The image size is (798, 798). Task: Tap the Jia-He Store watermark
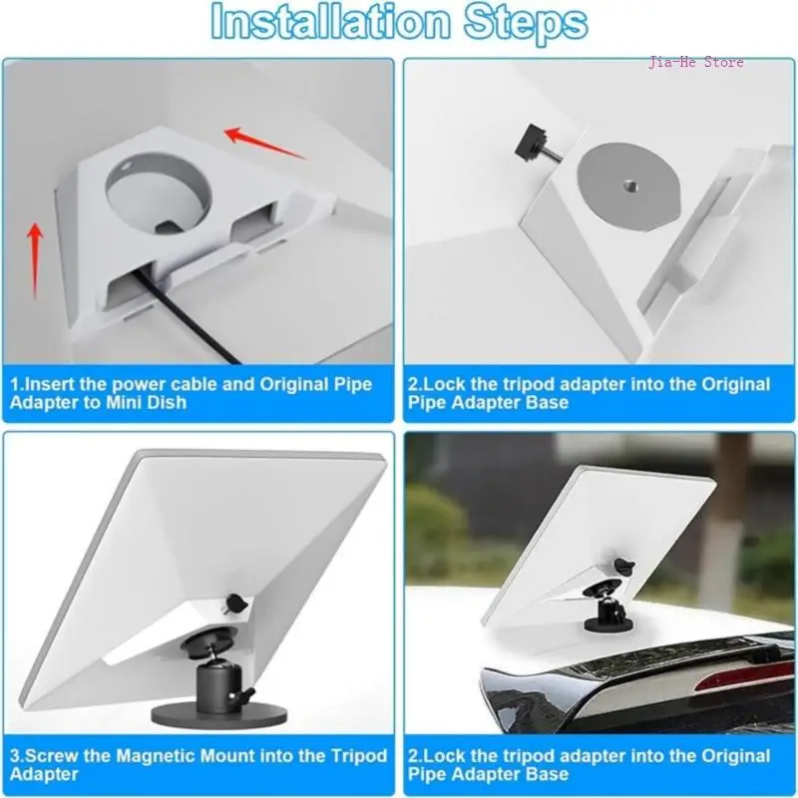695,63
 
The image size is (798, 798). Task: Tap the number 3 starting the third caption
15,755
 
